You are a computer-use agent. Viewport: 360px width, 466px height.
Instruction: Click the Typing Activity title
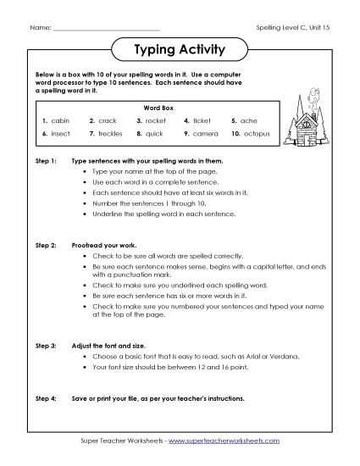180,50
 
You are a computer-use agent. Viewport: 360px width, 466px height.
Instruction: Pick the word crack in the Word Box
108,121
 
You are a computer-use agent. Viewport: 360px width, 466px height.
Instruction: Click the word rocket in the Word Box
158,121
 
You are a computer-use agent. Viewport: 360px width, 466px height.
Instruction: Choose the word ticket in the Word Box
203,121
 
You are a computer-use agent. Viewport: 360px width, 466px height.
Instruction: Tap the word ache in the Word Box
248,121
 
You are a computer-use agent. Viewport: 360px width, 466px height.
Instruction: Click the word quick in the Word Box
155,134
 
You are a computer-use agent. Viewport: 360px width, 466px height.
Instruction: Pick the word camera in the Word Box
206,134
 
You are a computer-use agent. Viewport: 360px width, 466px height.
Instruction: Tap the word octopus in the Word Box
255,134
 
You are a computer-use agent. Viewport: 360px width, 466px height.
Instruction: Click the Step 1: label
46,160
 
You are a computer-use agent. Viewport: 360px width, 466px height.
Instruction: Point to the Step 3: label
46,347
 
